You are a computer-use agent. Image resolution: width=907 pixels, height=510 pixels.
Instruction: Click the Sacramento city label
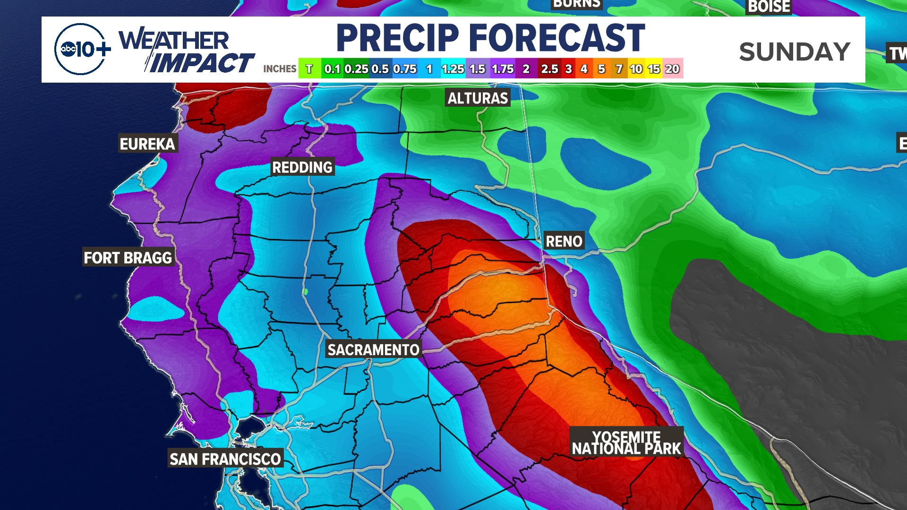[x=373, y=350]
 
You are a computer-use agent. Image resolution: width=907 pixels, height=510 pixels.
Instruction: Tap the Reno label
[x=564, y=241]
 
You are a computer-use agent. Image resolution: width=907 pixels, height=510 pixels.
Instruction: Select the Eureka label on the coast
[x=147, y=144]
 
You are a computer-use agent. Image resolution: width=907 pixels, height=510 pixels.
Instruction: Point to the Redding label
[x=302, y=167]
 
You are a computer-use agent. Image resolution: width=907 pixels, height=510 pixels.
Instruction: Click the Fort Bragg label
[x=128, y=258]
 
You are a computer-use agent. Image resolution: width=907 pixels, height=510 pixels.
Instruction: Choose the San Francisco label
[x=225, y=459]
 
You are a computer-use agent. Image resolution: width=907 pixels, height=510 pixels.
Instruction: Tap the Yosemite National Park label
[x=626, y=443]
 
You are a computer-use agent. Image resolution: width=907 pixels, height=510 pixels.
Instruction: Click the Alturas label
[x=478, y=98]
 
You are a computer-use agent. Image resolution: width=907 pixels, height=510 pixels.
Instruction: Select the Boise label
[x=769, y=7]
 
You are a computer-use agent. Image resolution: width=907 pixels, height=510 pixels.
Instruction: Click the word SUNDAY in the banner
[x=795, y=51]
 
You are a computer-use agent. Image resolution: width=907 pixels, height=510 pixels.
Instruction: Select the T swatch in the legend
[x=309, y=69]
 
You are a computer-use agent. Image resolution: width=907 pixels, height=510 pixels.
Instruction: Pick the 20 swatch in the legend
[x=672, y=69]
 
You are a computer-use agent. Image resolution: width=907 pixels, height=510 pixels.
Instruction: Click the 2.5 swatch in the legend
[x=549, y=69]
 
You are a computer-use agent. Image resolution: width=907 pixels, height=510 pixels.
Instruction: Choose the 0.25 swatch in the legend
[x=356, y=69]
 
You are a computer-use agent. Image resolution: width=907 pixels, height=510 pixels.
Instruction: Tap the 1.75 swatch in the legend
[x=503, y=69]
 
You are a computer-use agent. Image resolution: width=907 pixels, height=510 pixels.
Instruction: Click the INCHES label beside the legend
[x=280, y=69]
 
